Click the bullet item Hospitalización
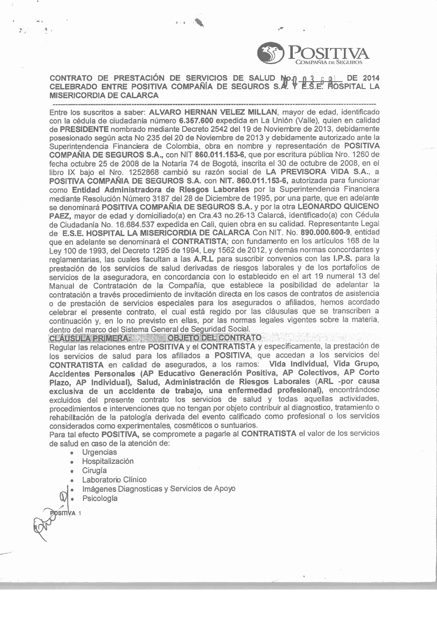pos(108,461)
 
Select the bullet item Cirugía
pos(94,471)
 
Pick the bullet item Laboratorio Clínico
pos(114,480)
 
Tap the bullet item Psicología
pos(100,498)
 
